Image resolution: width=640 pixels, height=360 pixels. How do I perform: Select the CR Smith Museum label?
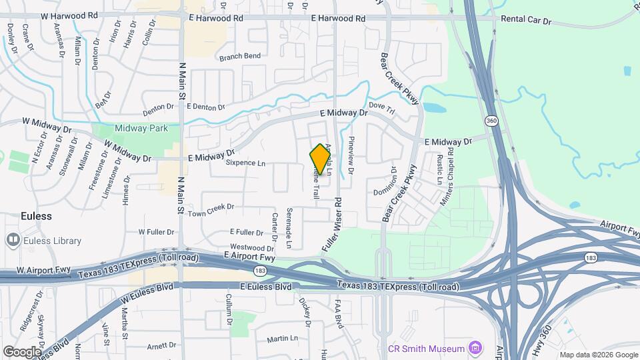(x=426, y=349)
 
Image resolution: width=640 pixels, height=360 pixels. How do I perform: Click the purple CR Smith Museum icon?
(x=475, y=348)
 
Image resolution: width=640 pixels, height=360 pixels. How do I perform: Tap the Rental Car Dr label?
(x=527, y=21)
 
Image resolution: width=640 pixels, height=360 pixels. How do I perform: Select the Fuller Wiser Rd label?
(x=332, y=224)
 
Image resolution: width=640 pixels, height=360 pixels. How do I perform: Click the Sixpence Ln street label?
(x=245, y=163)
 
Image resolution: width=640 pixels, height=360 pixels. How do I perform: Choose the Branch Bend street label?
(x=239, y=56)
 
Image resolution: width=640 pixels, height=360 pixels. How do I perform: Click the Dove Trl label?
(x=382, y=105)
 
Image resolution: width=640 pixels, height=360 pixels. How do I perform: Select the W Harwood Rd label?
(x=69, y=15)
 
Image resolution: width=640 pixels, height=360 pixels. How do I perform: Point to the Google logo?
(x=22, y=351)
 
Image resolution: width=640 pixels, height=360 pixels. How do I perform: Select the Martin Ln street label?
(x=282, y=339)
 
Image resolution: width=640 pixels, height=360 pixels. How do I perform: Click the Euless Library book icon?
(x=13, y=240)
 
